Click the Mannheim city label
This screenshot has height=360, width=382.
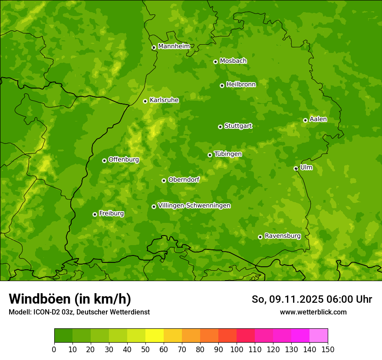(174, 46)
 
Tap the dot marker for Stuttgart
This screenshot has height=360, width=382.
(220, 127)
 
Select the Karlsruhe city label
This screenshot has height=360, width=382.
(164, 100)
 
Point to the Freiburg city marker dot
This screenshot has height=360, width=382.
(95, 214)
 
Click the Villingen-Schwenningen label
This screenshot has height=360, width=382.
(194, 206)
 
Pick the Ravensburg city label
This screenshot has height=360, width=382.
(282, 236)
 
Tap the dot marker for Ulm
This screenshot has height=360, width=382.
(296, 168)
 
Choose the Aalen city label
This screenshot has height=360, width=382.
(318, 119)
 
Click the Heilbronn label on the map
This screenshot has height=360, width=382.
(241, 85)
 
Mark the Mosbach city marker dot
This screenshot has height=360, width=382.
(215, 62)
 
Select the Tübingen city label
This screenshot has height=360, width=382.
(228, 154)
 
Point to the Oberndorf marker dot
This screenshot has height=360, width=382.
(164, 180)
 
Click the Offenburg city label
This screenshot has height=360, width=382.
(123, 160)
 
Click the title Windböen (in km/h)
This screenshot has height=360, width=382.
(70, 299)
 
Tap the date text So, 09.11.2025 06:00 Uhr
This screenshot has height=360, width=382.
(312, 299)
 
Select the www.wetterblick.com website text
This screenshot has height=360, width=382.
(313, 312)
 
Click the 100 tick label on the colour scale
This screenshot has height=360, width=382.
(237, 349)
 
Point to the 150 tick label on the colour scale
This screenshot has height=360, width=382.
(328, 349)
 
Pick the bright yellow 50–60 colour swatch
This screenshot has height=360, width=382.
(155, 336)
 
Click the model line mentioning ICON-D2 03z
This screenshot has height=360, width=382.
(79, 312)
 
